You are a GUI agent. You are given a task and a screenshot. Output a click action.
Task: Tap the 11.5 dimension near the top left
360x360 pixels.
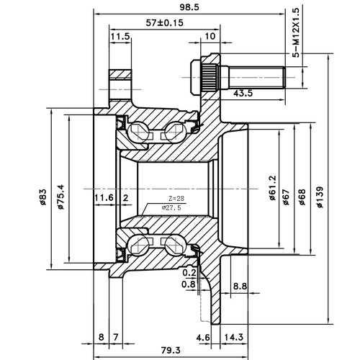(x=120, y=37)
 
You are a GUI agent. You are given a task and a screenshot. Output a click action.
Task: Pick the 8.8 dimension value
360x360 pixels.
(x=240, y=287)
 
